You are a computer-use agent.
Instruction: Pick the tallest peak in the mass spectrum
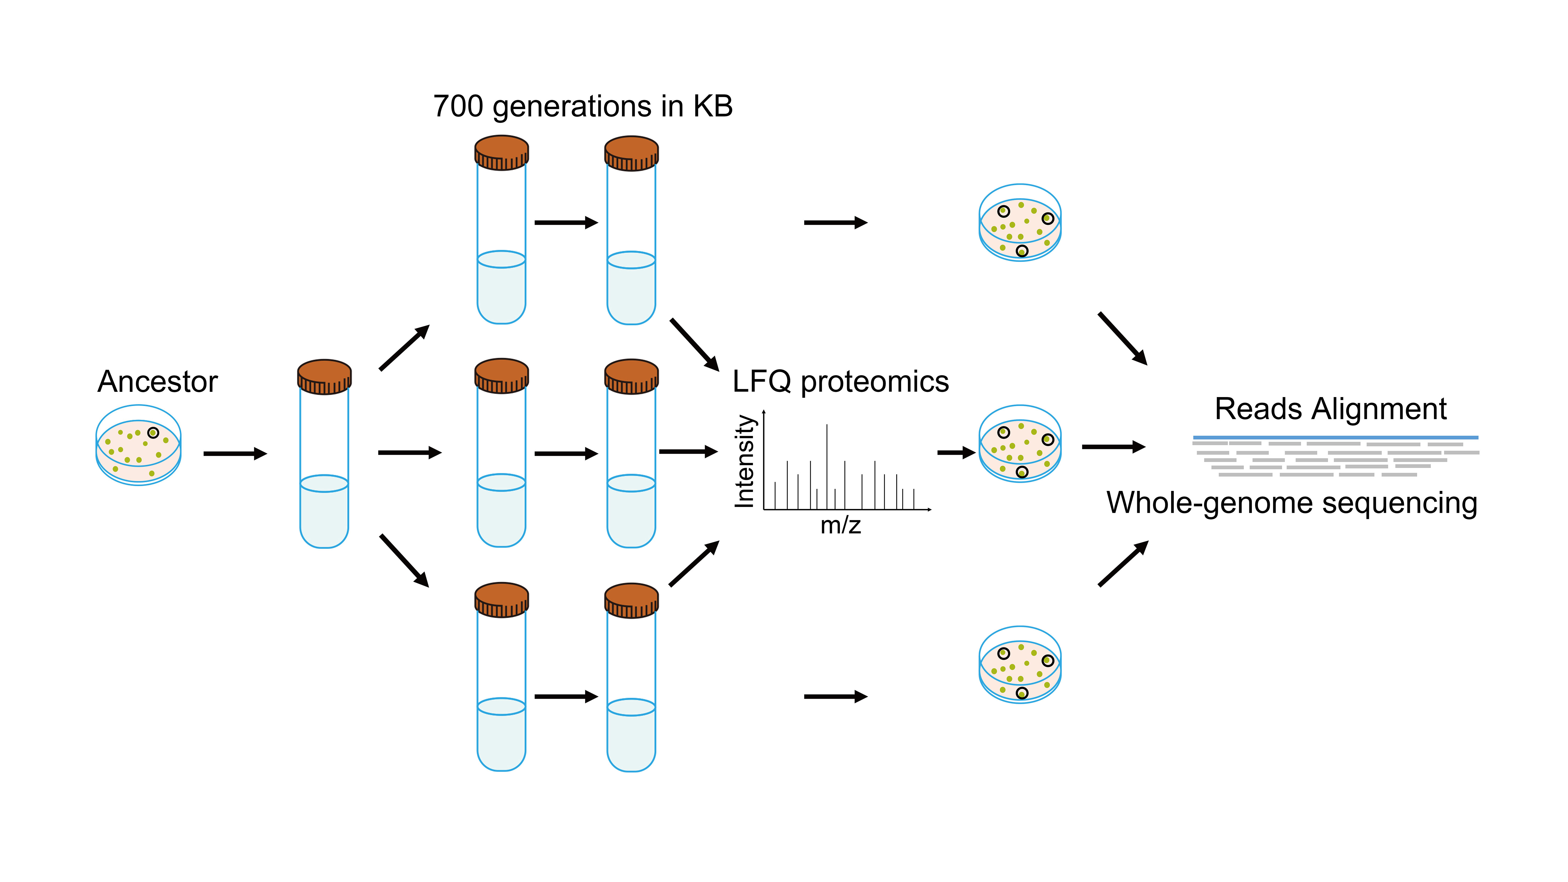[827, 466]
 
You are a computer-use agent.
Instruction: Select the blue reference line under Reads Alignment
[1335, 437]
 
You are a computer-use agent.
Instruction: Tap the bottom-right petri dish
[1020, 665]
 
